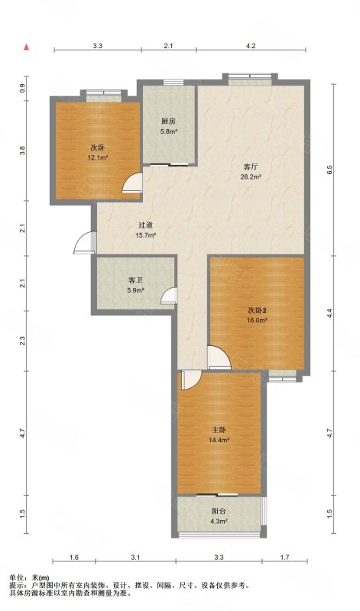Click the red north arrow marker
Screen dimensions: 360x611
27,47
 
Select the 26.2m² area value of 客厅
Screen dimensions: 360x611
251,176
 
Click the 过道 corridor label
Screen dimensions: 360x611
145,225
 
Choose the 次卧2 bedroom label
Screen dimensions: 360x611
258,310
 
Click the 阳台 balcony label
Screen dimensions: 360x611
219,511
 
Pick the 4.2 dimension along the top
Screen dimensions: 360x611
251,46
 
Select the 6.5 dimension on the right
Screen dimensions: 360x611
329,170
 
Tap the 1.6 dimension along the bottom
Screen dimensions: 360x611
74,558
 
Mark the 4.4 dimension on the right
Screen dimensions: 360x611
329,313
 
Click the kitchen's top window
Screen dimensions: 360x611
174,82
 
